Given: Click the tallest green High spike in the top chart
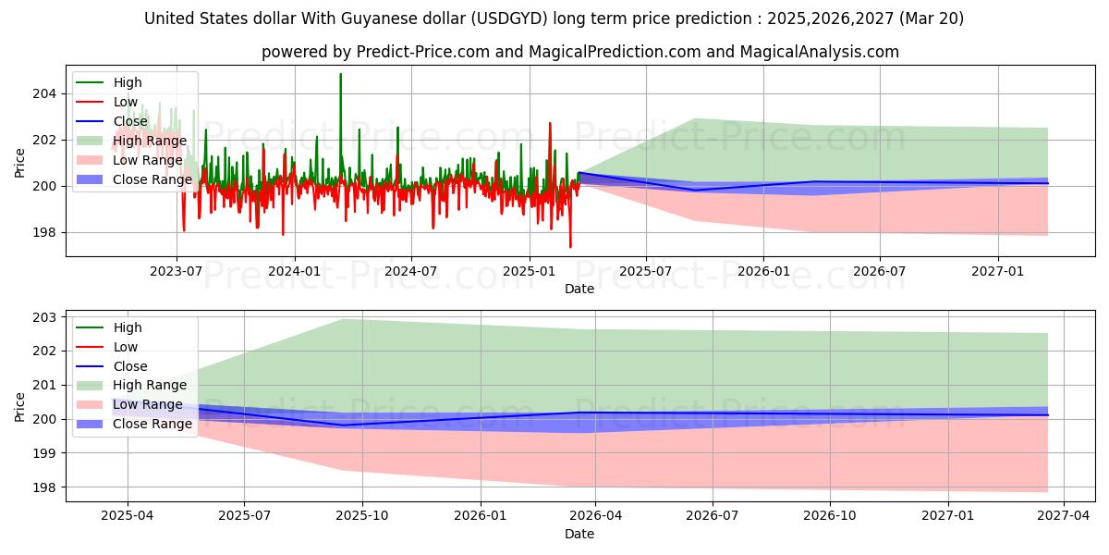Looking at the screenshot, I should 340,75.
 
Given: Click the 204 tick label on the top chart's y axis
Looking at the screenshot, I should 45,93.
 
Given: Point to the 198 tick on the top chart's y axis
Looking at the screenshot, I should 45,233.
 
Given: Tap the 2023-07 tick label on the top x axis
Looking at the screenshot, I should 177,271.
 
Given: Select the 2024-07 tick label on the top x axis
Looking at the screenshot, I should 410,271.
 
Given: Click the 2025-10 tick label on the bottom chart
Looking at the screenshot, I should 361,516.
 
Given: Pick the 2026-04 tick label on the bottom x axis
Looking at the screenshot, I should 595,516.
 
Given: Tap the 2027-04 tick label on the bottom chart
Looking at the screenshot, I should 1064,516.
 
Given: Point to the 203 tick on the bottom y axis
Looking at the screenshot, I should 45,317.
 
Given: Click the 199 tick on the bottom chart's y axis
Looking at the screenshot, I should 45,453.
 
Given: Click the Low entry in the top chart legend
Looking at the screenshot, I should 126,102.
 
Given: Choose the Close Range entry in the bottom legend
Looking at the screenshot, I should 152,424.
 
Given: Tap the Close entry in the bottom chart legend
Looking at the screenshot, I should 130,366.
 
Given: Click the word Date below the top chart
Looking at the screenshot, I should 579,289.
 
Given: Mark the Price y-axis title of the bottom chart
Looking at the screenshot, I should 20,406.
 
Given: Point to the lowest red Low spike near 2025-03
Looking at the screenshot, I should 570,246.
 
